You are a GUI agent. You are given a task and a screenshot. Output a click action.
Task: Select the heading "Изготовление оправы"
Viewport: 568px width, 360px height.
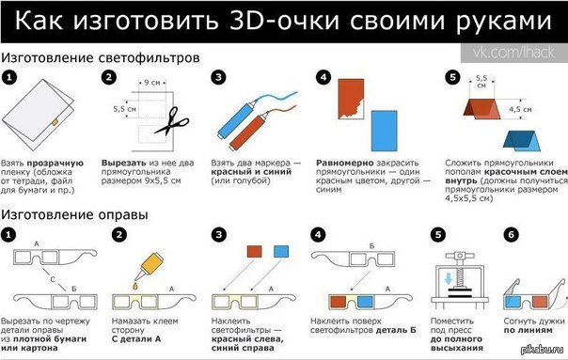74,215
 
